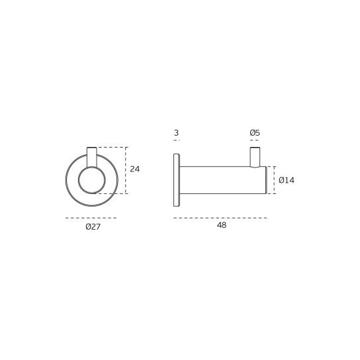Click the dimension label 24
coord(135,169)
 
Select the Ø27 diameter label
coord(93,226)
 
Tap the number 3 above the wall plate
coord(176,133)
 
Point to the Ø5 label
coord(255,133)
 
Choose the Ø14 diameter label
coord(286,179)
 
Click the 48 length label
coord(222,226)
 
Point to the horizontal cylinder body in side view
coord(218,181)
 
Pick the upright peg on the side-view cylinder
coord(255,157)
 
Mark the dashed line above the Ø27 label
coord(92,217)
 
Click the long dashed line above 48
coord(220,217)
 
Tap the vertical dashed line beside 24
coord(126,170)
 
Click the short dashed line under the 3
coord(176,141)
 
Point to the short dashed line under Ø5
coord(255,141)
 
